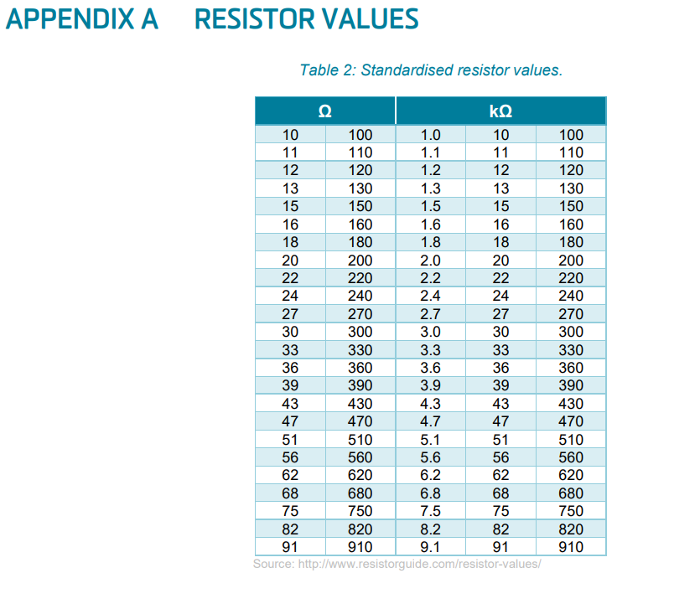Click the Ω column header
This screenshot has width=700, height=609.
point(325,111)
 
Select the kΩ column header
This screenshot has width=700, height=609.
point(500,111)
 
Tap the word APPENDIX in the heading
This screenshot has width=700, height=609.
point(70,19)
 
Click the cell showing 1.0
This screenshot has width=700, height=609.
point(431,134)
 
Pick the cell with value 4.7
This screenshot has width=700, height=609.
point(431,421)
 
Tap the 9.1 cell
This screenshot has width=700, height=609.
point(431,546)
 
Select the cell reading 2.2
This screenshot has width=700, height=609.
point(431,278)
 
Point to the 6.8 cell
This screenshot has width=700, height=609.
point(431,493)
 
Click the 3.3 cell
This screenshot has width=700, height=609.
point(431,350)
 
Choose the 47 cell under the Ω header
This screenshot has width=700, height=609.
point(290,421)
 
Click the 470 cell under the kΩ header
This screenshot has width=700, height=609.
point(571,421)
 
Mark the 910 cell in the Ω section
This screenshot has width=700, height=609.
point(360,546)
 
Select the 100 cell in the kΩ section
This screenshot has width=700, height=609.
point(571,134)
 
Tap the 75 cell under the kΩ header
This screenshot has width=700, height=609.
point(500,511)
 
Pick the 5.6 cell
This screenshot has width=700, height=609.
point(431,457)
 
